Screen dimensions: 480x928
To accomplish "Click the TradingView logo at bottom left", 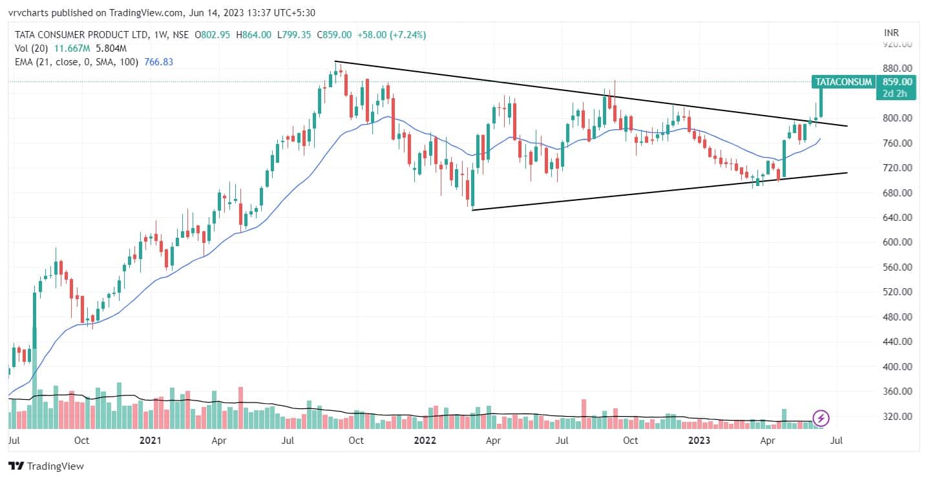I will click(x=46, y=466).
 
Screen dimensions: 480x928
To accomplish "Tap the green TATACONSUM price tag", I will click(x=843, y=82).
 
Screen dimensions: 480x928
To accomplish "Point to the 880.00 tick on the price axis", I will click(x=897, y=68).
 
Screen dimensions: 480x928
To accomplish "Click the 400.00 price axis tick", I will click(x=897, y=366).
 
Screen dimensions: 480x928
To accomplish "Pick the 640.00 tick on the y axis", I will click(x=897, y=218).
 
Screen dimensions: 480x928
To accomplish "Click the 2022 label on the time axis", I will click(x=424, y=441).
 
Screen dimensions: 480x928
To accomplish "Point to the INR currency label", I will click(x=891, y=32).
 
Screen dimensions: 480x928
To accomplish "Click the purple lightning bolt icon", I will click(x=821, y=418).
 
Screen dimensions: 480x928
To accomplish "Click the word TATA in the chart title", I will click(x=25, y=35).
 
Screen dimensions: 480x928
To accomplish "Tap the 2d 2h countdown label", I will click(x=897, y=94).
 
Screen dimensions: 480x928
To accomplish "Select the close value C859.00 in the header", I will click(x=336, y=35).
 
